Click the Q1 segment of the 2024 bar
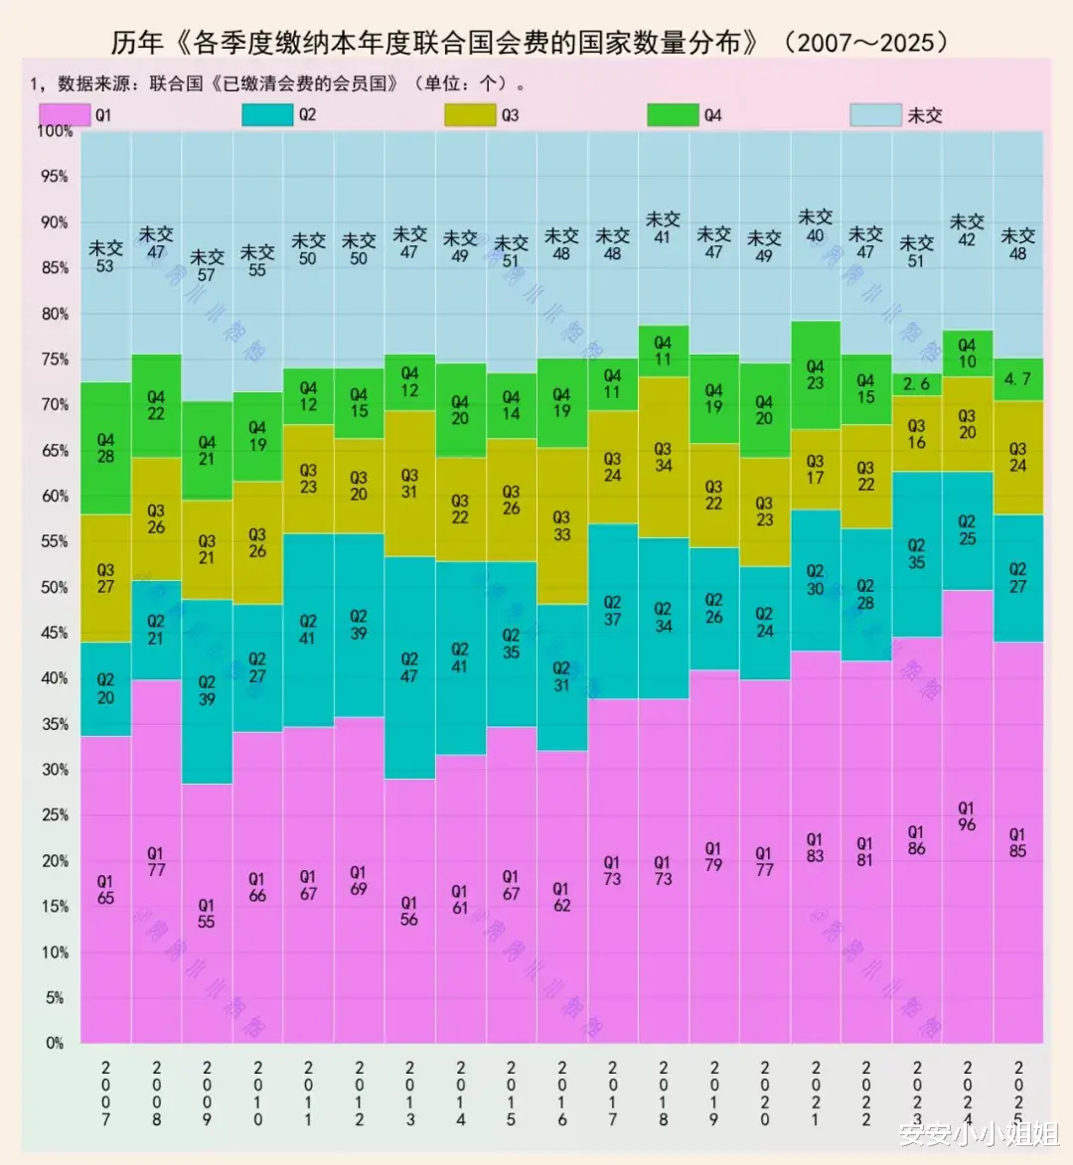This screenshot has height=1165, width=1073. pyautogui.click(x=967, y=894)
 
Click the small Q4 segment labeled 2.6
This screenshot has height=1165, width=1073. pyautogui.click(x=916, y=384)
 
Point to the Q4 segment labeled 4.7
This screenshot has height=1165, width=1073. pyautogui.click(x=1017, y=379)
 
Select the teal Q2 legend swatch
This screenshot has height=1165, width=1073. pyautogui.click(x=267, y=115)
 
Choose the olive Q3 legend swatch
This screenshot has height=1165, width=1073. pyautogui.click(x=470, y=115)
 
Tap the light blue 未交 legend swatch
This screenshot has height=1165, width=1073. pyautogui.click(x=875, y=115)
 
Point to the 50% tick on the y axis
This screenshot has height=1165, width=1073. pyautogui.click(x=54, y=587)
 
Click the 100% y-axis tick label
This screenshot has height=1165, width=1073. pyautogui.click(x=55, y=131)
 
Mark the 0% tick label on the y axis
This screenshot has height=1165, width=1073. pyautogui.click(x=55, y=1043)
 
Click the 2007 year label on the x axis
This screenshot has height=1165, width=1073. pyautogui.click(x=105, y=1093)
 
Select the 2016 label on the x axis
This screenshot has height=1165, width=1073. pyautogui.click(x=561, y=1093)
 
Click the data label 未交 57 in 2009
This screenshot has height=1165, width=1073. pyautogui.click(x=206, y=265)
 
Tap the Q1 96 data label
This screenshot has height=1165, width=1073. pyautogui.click(x=967, y=816)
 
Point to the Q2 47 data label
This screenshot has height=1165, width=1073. pyautogui.click(x=409, y=667)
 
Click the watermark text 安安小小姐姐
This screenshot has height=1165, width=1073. pyautogui.click(x=979, y=1133)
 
